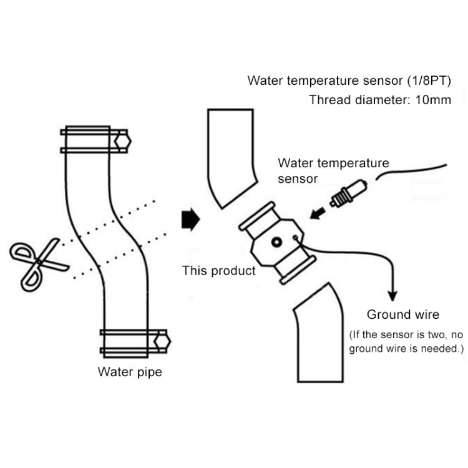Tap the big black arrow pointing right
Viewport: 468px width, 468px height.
[189, 220]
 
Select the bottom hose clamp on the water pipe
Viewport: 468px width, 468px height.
[134, 341]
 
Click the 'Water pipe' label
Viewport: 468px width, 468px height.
[130, 373]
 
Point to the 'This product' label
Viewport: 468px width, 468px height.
[218, 271]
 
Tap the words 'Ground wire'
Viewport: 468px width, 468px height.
[402, 314]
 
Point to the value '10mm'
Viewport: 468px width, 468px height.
[432, 100]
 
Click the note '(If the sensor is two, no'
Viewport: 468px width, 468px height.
[406, 333]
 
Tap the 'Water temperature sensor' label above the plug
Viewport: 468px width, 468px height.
[333, 170]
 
